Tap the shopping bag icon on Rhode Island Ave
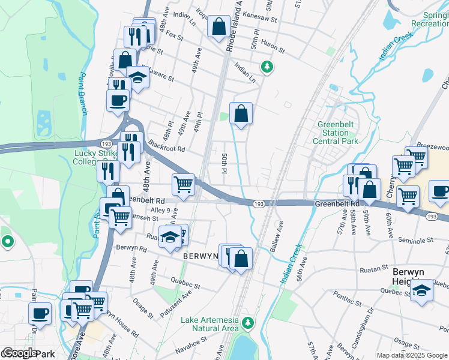tap(219, 26)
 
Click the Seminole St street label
tap(417, 240)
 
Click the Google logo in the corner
tap(20, 353)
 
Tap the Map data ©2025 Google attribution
tap(412, 355)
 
